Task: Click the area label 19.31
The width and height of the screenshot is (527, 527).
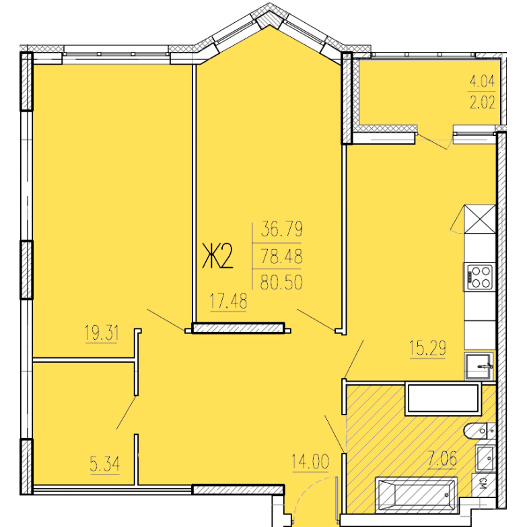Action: tap(102, 333)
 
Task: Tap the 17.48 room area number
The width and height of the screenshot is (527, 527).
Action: tap(228, 301)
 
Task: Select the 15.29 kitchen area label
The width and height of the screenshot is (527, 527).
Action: tap(427, 347)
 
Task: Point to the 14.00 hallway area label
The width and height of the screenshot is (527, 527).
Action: tap(310, 462)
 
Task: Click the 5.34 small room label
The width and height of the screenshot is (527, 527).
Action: tap(104, 465)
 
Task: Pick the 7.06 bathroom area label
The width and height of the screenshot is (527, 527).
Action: tap(442, 458)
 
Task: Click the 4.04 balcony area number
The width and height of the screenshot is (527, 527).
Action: tap(483, 81)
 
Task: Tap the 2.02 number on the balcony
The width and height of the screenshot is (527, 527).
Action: tap(483, 102)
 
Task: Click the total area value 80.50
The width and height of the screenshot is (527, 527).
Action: tap(281, 282)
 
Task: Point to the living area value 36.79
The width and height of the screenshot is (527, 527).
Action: tap(281, 230)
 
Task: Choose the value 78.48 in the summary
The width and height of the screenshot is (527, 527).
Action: tap(281, 256)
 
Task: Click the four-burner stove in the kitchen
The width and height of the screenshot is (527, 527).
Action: tap(479, 277)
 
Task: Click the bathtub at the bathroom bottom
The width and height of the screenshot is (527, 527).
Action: tap(416, 495)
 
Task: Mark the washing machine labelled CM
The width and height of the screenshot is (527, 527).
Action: tap(484, 485)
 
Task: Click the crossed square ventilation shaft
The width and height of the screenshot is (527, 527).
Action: tap(480, 219)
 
